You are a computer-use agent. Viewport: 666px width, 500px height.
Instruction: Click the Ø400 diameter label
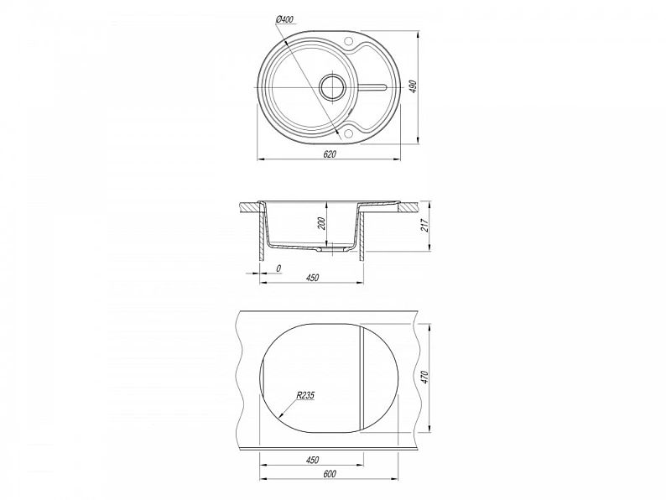tap(284, 19)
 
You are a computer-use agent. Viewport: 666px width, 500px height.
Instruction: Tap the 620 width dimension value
tap(329, 154)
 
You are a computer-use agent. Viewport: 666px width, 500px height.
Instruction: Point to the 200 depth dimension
tap(321, 223)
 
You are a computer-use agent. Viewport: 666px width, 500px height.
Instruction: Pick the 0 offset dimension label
tap(278, 268)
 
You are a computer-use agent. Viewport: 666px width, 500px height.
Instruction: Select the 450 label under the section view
tap(312, 278)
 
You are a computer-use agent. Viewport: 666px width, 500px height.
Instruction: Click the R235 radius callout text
tap(305, 395)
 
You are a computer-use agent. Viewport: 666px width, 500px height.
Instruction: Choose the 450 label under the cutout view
tap(312, 460)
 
